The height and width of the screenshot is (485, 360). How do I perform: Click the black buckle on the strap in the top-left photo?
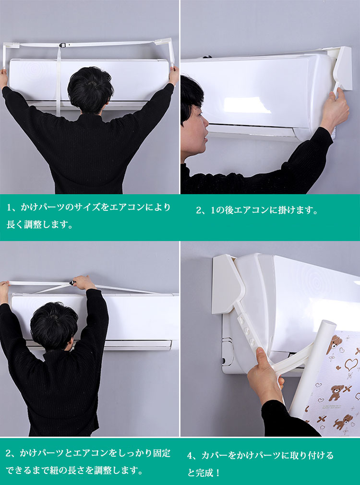[x=62, y=45]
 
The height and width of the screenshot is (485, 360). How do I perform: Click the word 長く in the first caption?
[x=15, y=224]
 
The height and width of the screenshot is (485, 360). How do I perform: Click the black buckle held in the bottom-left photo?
[x=72, y=283]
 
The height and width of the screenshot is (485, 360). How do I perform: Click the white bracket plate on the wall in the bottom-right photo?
[x=227, y=284]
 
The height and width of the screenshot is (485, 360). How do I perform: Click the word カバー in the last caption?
[x=215, y=455]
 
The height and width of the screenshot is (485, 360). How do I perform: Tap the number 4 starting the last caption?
[x=190, y=456]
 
